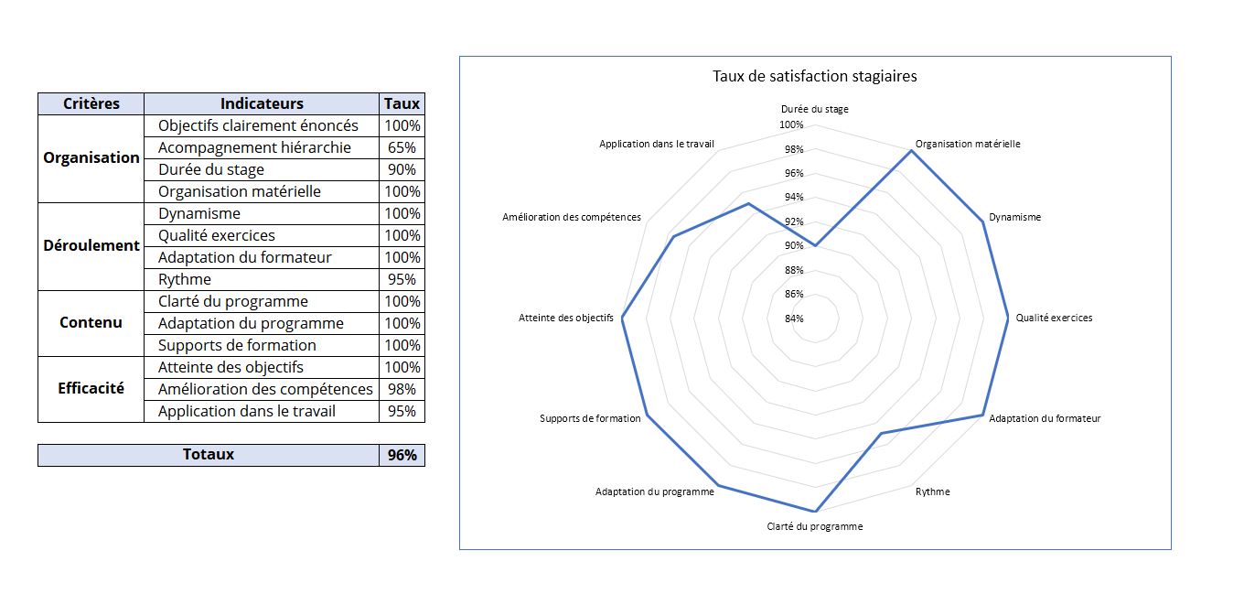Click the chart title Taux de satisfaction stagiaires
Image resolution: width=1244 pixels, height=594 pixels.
coord(814,76)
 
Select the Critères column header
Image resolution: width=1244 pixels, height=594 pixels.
coord(91,103)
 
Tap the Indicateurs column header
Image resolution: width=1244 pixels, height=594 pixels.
coord(262,103)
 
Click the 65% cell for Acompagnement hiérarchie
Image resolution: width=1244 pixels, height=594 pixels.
coord(402,147)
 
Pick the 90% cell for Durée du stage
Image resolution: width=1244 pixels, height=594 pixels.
coord(402,169)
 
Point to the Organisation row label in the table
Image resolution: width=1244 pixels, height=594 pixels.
coord(91,157)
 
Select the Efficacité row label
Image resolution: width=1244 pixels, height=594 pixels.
coord(91,388)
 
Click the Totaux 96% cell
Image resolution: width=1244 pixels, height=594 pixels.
coord(402,454)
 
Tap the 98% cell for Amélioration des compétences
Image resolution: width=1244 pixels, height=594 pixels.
coord(402,389)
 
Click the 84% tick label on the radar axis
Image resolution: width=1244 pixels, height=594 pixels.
coord(794,319)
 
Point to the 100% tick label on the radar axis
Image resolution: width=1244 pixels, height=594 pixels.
coord(791,124)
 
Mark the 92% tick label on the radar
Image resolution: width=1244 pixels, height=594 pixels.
coord(794,221)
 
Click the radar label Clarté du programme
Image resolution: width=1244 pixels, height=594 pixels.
coord(814,526)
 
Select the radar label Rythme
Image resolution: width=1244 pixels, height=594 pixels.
coord(932,491)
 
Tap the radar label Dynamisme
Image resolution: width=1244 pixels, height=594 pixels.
coord(1014,217)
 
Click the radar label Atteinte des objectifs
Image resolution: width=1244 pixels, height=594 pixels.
coord(565,319)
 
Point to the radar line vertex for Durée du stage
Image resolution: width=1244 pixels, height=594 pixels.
coord(815,245)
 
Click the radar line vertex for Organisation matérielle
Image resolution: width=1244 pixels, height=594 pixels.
coord(912,151)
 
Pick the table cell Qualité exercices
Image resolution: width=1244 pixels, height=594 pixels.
coord(216,235)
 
